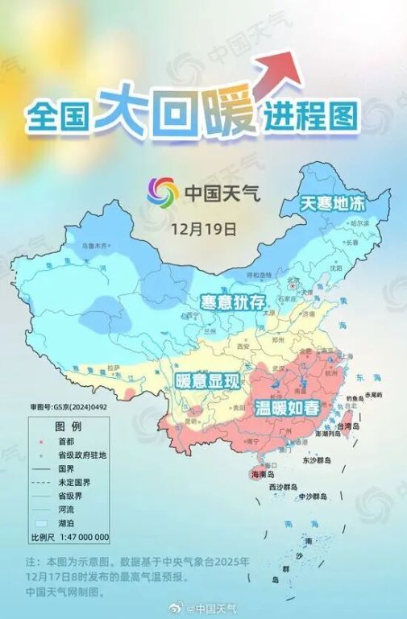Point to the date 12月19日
click(x=204, y=229)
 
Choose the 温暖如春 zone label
click(x=287, y=407)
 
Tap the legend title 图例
click(x=67, y=425)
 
